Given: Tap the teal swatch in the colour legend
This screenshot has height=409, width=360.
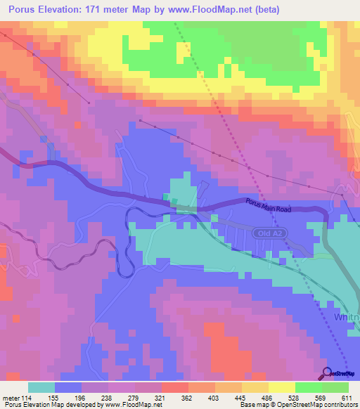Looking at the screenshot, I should (41, 387).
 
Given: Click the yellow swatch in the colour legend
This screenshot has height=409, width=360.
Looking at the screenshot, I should (282, 387).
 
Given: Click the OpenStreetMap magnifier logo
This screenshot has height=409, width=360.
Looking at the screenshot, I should (328, 373).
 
